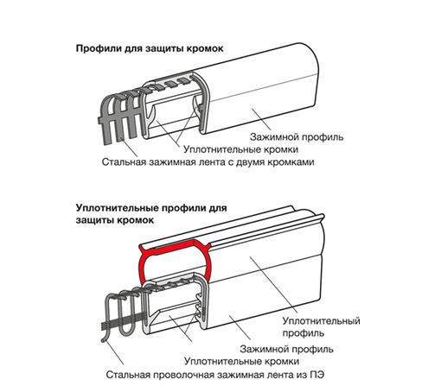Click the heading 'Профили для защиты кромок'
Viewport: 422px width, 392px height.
[150, 48]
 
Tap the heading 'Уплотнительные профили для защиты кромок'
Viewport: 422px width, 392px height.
[151, 214]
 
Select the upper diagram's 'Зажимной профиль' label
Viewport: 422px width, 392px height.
[297, 137]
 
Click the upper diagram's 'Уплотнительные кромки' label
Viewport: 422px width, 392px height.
[240, 149]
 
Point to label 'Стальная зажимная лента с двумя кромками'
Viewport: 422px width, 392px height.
[208, 162]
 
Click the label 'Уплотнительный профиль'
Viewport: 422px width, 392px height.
[321, 326]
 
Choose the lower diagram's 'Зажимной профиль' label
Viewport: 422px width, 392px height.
[286, 349]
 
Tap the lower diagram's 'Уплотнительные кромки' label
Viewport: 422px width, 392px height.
[241, 361]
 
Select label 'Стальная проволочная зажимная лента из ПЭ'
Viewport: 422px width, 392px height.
[215, 375]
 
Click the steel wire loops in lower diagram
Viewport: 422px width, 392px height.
[124, 313]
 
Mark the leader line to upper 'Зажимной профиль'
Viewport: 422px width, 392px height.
[261, 119]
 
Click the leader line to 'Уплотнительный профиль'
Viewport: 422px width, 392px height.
[273, 285]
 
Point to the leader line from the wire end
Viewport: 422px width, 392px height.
[114, 353]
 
